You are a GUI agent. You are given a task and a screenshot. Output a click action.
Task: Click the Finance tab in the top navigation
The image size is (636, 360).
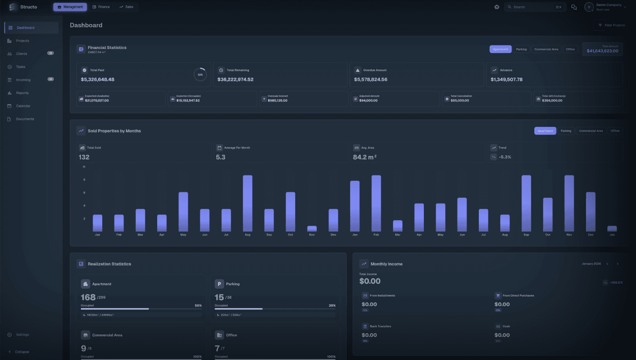(x=101, y=7)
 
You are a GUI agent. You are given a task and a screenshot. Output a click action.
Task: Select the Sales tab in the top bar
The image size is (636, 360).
(x=126, y=7)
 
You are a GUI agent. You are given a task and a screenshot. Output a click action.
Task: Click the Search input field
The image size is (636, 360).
(x=532, y=7)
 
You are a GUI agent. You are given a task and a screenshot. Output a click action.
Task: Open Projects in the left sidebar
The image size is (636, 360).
(x=22, y=41)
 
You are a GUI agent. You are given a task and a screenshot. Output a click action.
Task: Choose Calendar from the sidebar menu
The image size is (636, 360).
(x=23, y=106)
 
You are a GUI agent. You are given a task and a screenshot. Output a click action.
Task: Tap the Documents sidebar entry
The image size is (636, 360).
(x=25, y=119)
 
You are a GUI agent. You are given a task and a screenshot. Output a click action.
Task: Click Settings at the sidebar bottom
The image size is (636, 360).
(x=22, y=335)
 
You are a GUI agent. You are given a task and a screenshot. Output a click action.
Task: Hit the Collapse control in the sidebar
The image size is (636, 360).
(x=22, y=352)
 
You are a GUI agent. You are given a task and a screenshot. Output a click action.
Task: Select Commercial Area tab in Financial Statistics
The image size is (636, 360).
(x=546, y=49)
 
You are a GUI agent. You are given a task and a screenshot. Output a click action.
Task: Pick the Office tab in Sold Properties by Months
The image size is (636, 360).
(x=615, y=131)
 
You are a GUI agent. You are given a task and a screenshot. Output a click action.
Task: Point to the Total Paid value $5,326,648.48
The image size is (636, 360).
(x=98, y=80)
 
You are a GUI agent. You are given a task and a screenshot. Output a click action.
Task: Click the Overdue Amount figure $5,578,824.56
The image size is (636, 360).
(x=371, y=80)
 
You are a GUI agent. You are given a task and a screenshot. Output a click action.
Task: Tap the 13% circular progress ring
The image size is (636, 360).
(x=200, y=75)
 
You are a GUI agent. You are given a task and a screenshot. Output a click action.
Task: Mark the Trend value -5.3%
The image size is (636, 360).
(x=505, y=157)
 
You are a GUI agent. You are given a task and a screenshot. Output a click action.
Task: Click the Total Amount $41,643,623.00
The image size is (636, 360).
(x=602, y=51)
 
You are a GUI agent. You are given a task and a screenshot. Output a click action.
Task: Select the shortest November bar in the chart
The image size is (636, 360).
(x=312, y=229)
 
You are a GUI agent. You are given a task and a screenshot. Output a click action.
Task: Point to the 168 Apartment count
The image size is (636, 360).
(x=88, y=297)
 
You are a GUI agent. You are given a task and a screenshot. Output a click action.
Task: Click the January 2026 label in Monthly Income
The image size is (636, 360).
(x=591, y=264)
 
